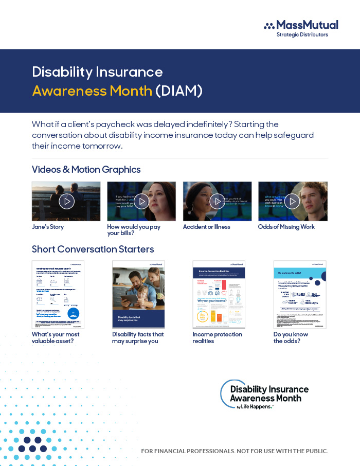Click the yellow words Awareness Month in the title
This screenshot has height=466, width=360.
coord(92,91)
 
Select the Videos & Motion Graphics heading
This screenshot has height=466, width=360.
coord(86,169)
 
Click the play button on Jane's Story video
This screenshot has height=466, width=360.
coord(66,201)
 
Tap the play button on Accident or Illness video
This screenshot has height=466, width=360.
coord(217,201)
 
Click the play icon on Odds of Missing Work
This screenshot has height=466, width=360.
coord(292,201)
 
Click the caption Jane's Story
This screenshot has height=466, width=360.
coord(48,227)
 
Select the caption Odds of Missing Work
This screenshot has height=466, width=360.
coord(286,227)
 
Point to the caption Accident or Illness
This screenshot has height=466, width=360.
coord(207,227)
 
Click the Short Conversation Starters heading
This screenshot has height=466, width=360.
coord(93,249)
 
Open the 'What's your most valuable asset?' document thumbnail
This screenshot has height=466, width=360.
coord(58,294)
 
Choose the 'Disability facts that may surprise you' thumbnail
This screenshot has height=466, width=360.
coord(138,294)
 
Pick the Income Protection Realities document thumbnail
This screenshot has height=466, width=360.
coord(219,294)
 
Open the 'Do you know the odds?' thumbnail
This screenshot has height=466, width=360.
coord(299,294)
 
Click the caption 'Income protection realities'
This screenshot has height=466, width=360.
coord(217,338)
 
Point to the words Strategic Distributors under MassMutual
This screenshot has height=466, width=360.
coord(302,35)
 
